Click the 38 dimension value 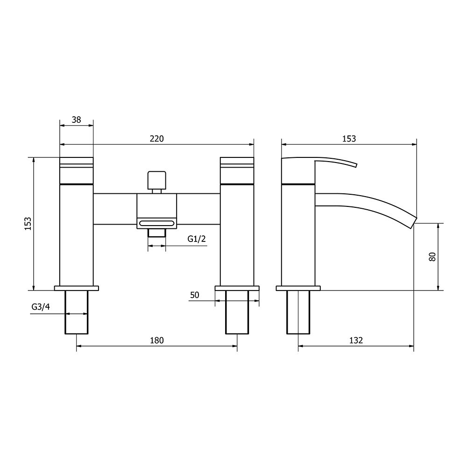point(76,120)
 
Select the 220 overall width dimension point(156,138)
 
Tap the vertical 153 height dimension point(28,223)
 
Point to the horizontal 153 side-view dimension point(349,138)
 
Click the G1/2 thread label point(197,239)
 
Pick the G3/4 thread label point(41,307)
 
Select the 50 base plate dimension point(195,295)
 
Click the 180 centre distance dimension point(157,340)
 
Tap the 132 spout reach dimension point(356,340)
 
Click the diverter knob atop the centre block point(156,180)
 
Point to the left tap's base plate point(77,288)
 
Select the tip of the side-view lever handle point(356,164)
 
